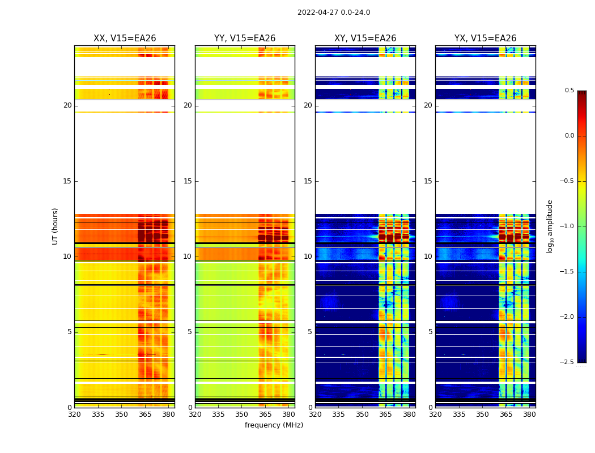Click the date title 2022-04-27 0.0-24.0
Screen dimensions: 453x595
[x=334, y=12]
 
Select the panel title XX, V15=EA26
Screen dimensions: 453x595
[x=125, y=39]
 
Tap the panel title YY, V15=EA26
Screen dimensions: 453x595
[x=245, y=39]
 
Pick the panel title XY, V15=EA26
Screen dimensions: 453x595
[x=365, y=39]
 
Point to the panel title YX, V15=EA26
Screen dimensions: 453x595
[x=485, y=39]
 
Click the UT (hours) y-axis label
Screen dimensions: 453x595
[x=56, y=226]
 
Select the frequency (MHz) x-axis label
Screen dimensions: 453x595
[x=274, y=425]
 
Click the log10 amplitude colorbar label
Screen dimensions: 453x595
[x=550, y=226]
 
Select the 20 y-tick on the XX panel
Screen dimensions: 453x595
[x=67, y=105]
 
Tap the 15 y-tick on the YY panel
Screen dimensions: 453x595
[x=188, y=181]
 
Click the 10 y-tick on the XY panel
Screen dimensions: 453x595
[x=308, y=257]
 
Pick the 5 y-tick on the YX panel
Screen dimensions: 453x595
[x=430, y=332]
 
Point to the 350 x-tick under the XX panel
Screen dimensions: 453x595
[x=121, y=414]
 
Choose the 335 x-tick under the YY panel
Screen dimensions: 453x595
[x=218, y=414]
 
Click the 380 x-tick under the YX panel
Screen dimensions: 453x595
[x=529, y=414]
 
